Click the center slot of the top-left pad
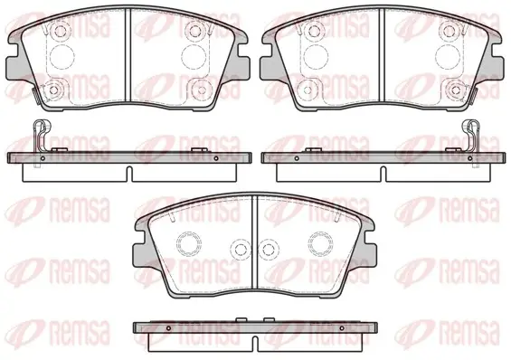(x=128, y=54)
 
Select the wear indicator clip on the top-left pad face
(x=37, y=96)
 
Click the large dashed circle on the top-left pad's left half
(x=62, y=56)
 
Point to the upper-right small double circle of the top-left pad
(x=194, y=31)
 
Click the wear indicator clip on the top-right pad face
(x=474, y=96)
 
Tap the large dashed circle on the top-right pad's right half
(x=448, y=56)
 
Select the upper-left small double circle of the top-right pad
(x=314, y=31)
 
